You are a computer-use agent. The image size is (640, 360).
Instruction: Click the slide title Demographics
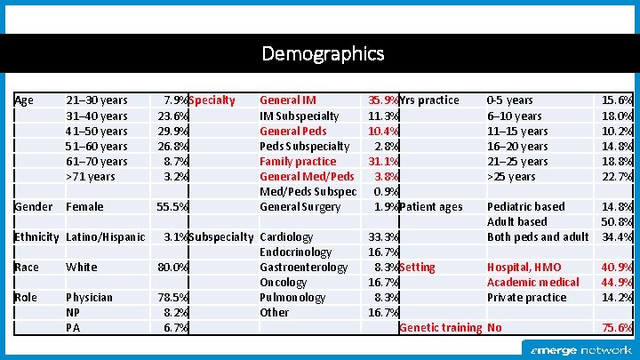[x=323, y=53]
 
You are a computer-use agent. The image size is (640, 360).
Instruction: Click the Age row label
[x=24, y=100]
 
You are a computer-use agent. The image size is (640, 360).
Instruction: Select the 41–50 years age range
[x=97, y=131]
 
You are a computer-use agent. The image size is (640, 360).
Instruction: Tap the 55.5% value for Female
[x=172, y=206]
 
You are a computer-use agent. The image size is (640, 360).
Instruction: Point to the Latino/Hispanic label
[x=106, y=236]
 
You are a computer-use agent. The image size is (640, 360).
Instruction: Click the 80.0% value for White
[x=172, y=267]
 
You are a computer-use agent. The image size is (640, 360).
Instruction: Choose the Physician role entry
[x=90, y=297]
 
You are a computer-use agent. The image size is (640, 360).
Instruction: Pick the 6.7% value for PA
[x=175, y=327]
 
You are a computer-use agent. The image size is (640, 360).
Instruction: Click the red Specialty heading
[x=212, y=100]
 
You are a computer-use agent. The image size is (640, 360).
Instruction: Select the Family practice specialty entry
[x=298, y=161]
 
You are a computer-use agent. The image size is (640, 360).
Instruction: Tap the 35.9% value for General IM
[x=384, y=100]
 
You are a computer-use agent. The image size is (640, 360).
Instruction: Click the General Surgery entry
[x=300, y=206]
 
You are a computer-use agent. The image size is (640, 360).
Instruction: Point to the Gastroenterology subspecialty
[x=303, y=267]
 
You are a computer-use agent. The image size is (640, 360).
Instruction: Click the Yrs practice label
[x=430, y=100]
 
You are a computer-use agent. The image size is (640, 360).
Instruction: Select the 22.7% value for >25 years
[x=617, y=176]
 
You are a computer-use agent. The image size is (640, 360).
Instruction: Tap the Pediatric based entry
[x=525, y=206]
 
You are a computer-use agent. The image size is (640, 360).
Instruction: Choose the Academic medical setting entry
[x=532, y=282]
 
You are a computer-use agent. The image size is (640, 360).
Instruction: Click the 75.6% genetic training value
[x=617, y=327]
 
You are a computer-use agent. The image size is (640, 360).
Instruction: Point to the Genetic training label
[x=441, y=327]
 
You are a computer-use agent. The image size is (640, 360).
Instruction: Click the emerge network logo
[x=581, y=350]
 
